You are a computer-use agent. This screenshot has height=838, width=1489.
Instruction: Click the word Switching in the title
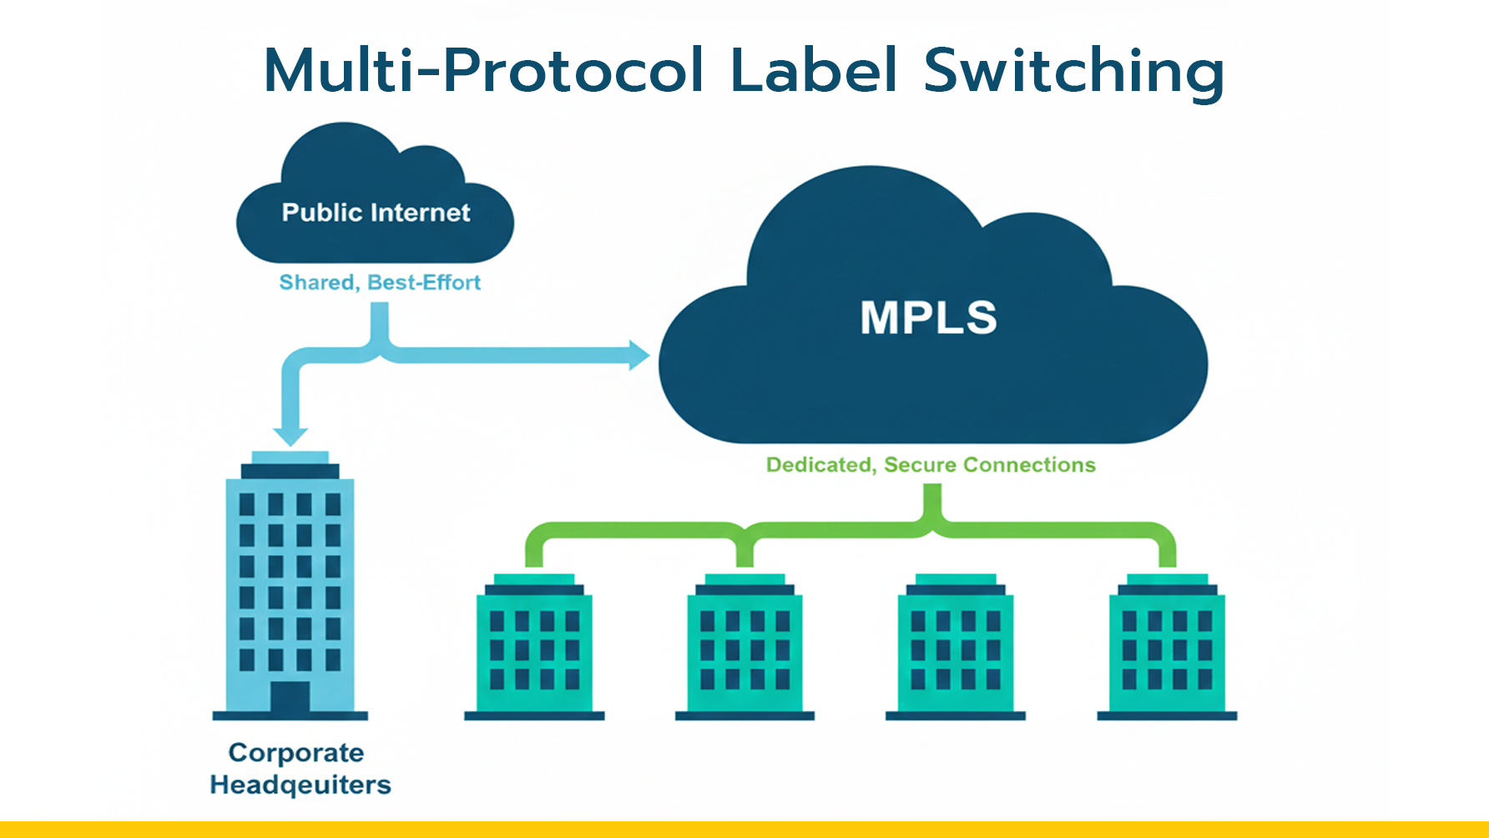(1073, 71)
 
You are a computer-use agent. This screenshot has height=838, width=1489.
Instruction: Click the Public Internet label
(376, 213)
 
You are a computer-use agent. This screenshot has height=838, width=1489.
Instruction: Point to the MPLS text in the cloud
(928, 318)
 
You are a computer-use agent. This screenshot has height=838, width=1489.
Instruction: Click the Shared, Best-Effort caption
(380, 283)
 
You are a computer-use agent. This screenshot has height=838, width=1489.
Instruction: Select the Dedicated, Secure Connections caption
(931, 465)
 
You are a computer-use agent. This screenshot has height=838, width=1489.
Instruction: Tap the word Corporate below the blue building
(296, 753)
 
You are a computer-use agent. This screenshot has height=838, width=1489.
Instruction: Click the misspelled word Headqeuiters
(300, 785)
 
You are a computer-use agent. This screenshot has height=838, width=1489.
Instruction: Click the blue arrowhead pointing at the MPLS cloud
(639, 355)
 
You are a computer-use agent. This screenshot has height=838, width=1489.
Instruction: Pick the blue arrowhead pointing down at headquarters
(290, 436)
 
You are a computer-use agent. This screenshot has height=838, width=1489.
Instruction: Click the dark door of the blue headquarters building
(290, 697)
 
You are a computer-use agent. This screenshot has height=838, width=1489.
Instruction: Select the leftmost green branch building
(534, 647)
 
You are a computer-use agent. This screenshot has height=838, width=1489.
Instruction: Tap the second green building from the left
(744, 647)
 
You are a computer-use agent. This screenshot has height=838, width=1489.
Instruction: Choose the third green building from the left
(956, 647)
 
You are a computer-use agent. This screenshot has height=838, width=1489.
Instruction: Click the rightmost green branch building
(1167, 647)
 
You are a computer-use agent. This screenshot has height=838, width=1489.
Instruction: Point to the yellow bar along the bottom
(744, 830)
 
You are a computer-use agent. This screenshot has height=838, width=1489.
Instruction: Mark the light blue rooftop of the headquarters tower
(290, 457)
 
